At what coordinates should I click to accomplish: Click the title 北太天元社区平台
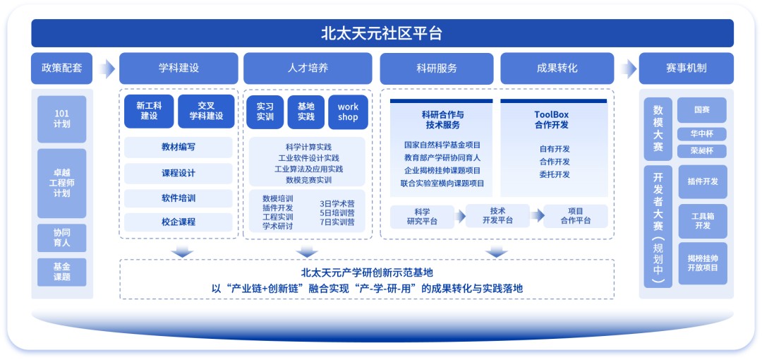coord(382,33)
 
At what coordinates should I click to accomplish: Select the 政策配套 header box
coord(62,68)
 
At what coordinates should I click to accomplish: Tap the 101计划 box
coord(62,119)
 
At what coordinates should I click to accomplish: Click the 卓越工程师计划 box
coord(62,183)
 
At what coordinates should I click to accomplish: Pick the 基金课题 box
coord(62,272)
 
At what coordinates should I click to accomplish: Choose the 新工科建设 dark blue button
coord(149,112)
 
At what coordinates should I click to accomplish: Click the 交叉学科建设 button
coord(205,112)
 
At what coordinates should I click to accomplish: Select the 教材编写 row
coord(178,148)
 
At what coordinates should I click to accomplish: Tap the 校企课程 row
coord(178,222)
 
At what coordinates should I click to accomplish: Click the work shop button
coord(348,112)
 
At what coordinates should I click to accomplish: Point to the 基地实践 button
coord(306,112)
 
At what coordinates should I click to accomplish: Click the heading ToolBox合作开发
coord(551,119)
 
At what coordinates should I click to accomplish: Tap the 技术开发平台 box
coord(498,215)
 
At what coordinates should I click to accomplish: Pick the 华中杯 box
coord(702,134)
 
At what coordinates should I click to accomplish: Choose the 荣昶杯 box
coord(702,151)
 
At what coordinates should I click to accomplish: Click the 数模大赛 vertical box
coord(658,128)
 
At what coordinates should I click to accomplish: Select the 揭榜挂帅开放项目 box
coord(702,263)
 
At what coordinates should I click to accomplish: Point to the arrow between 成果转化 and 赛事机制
coord(627,68)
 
